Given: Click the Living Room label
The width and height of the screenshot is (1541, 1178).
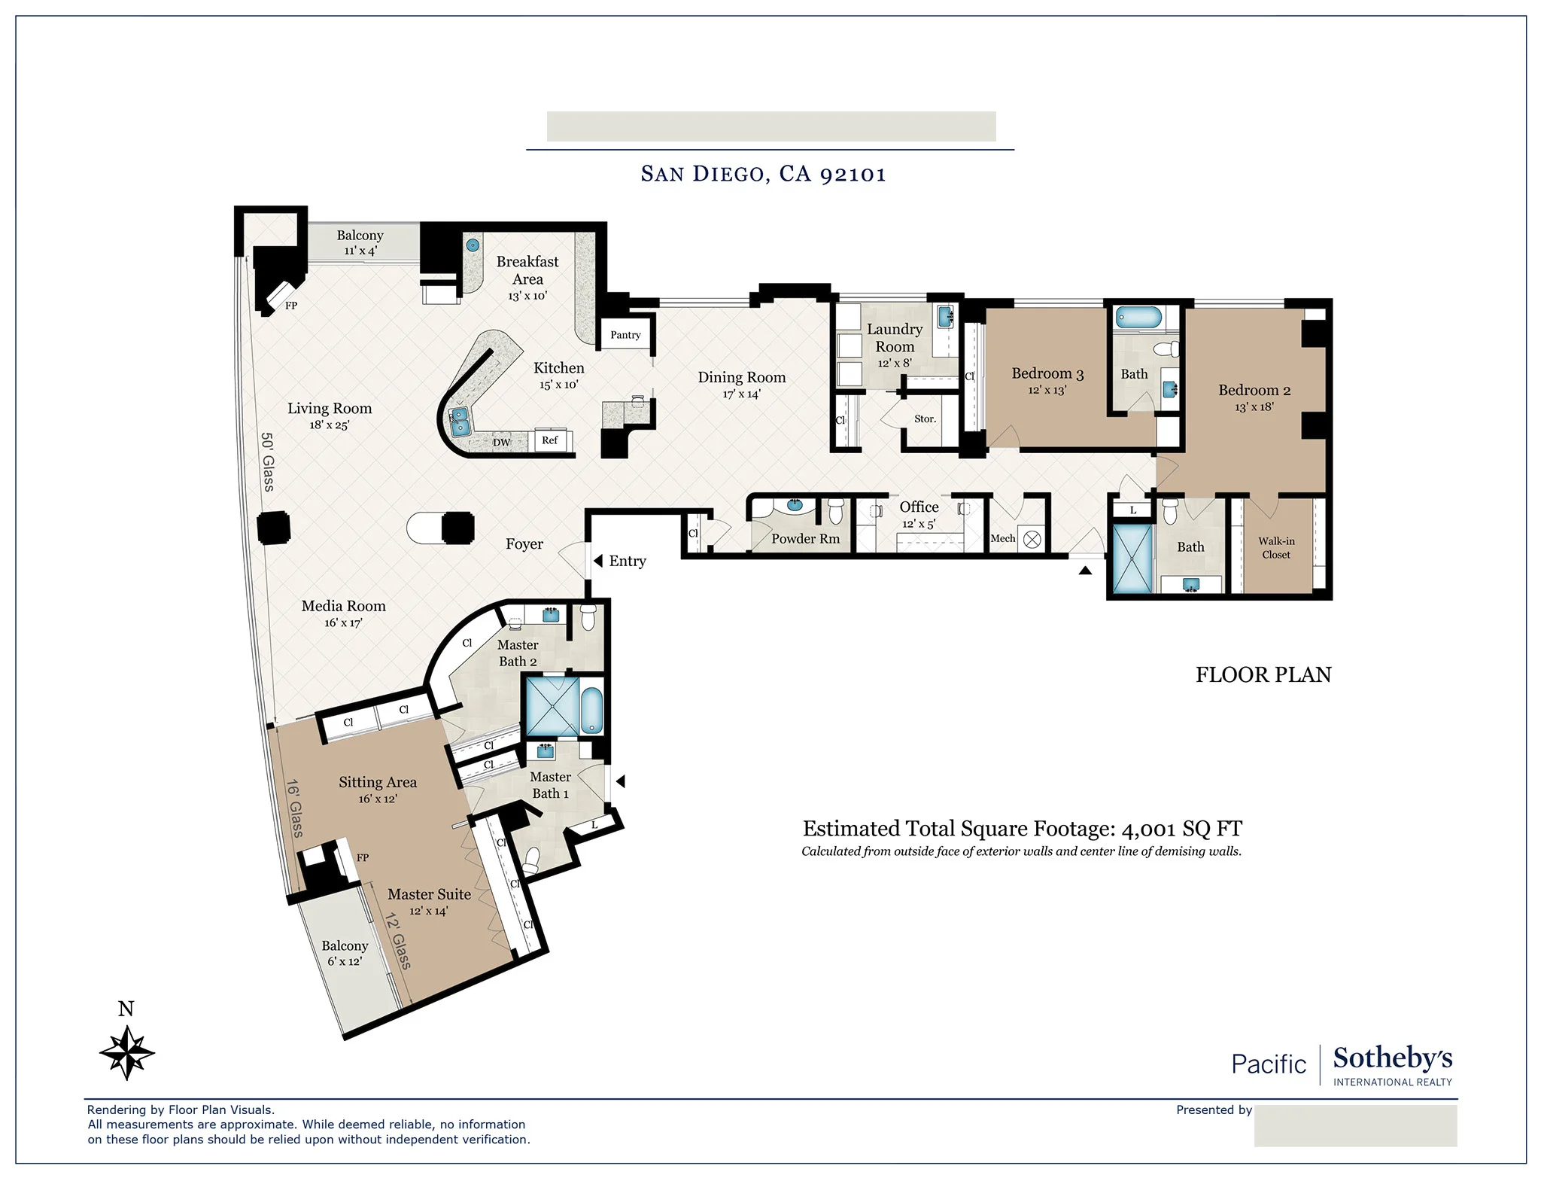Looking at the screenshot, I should [x=330, y=409].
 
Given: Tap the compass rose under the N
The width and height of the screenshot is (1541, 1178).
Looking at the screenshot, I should [x=127, y=1053].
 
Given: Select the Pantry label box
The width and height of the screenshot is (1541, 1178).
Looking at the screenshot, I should [x=625, y=335].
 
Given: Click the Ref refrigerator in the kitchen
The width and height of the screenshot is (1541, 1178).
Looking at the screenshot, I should [x=550, y=440].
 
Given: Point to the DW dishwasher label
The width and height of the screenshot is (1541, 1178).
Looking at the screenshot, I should [x=502, y=443].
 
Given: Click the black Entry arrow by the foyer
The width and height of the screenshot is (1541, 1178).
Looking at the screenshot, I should [x=598, y=561].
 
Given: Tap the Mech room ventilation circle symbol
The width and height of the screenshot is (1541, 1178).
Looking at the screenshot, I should [x=1032, y=539].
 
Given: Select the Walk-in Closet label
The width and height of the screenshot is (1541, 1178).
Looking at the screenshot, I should [x=1276, y=547].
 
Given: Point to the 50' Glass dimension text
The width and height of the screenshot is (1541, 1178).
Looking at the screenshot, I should [x=267, y=461].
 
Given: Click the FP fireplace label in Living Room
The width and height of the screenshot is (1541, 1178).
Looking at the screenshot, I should [x=291, y=306].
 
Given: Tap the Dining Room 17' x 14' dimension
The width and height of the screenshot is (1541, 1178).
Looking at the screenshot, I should [x=741, y=394].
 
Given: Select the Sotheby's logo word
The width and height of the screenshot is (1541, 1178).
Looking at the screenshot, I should [x=1392, y=1058].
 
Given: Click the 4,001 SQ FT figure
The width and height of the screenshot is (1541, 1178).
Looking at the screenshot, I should [x=1181, y=829].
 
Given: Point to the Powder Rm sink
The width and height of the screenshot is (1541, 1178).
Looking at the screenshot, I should [x=795, y=504].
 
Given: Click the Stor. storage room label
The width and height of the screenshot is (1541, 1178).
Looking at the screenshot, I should [x=925, y=419].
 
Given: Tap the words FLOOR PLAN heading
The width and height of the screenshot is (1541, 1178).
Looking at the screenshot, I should [x=1263, y=674].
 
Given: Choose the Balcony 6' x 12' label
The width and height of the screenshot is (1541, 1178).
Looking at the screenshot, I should [x=345, y=953].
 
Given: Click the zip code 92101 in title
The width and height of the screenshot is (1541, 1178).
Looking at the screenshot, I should [x=853, y=174].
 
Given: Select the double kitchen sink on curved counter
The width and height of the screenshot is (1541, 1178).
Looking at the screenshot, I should [x=459, y=421].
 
